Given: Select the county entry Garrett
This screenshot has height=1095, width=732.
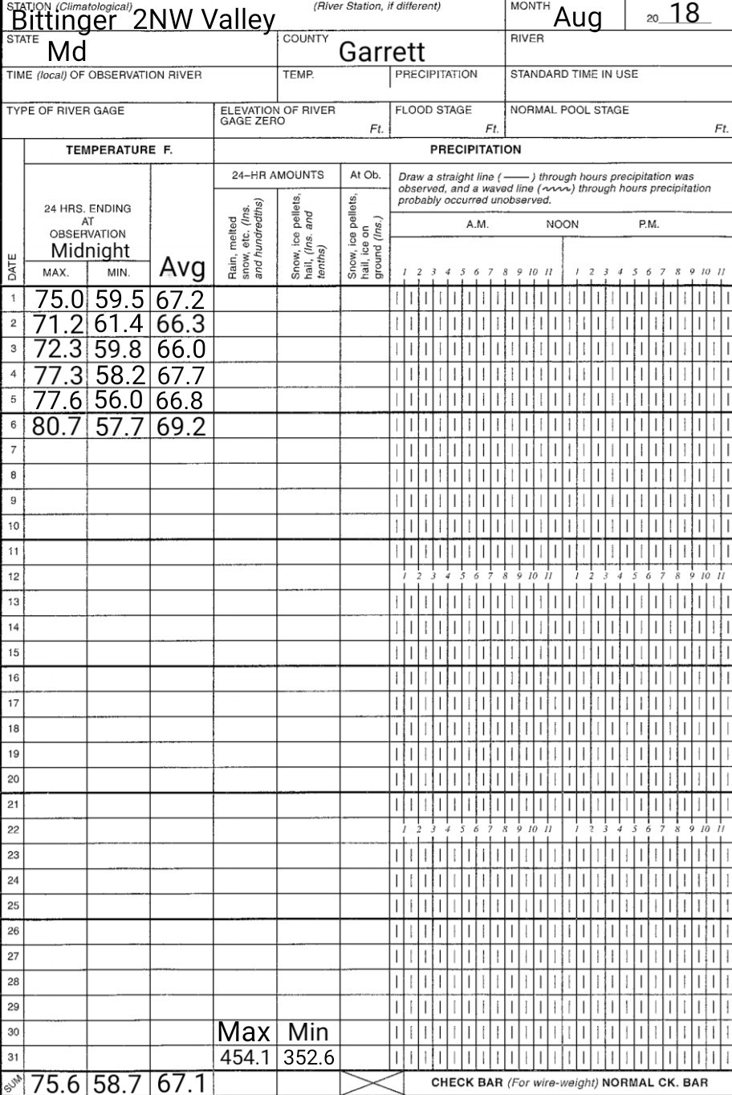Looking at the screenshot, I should pos(381,52).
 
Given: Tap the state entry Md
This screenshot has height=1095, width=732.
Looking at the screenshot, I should pos(67,52).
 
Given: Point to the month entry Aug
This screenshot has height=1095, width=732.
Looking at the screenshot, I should pos(578,16).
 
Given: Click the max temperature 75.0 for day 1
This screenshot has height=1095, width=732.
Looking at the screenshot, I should pos(59,300).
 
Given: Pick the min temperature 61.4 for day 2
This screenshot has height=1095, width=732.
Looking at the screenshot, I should pos(119,324).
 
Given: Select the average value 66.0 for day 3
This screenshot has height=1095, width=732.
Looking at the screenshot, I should pos(181,350).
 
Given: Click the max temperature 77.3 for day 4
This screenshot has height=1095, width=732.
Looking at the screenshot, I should pos(59,375).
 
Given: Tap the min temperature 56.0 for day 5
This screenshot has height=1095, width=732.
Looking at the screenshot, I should pos(119,399).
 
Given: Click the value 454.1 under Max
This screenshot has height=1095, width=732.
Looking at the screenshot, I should pos(245,1058).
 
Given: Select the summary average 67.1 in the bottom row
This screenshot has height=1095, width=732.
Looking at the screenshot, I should pos(181,1083).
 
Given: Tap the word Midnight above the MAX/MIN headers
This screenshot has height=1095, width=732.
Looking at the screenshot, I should pos(90,250).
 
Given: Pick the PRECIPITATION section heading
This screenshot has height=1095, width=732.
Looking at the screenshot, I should pos(475,149).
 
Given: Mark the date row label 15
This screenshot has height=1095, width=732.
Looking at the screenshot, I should pos(13,652).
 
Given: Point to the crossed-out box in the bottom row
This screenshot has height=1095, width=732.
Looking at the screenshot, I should pos(372,1083).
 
